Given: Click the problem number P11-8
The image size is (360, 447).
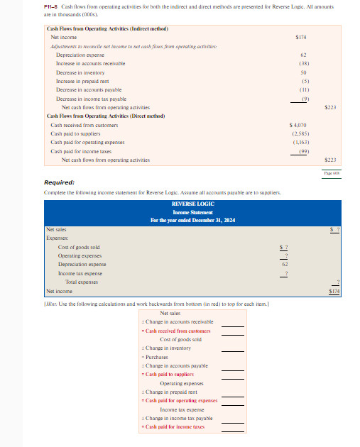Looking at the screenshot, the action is click(x=51, y=6).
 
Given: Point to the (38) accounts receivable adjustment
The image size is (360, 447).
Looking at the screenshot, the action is click(x=302, y=63).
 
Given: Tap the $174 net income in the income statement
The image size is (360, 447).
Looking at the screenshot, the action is click(x=334, y=291).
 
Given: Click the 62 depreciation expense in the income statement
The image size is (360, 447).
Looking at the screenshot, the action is click(x=285, y=264).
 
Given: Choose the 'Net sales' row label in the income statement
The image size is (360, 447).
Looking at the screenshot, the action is click(x=55, y=229).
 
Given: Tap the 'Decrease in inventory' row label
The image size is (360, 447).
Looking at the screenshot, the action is click(x=80, y=72).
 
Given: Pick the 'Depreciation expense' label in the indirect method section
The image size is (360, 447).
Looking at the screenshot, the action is click(x=80, y=54).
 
